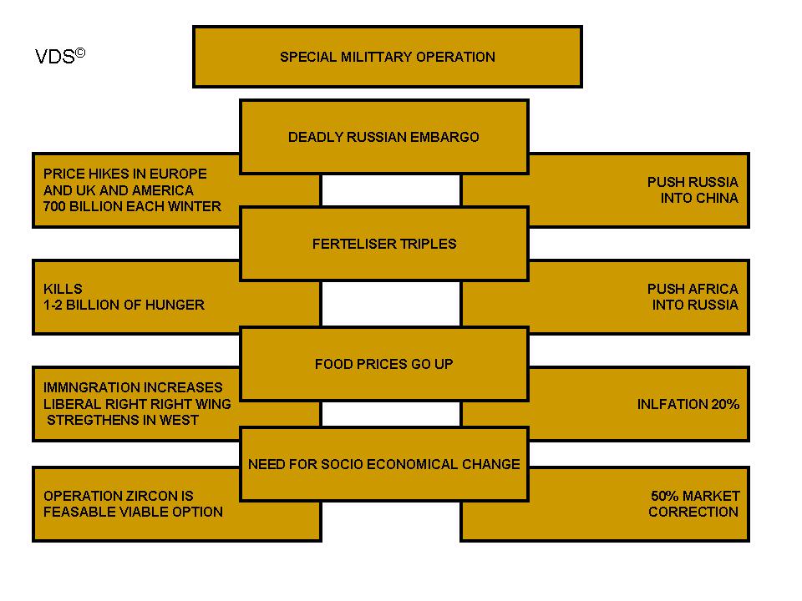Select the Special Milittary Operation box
coord(387,57)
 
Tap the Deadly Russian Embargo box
coord(383,137)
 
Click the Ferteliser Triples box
coord(383,244)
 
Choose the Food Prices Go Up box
coord(383,364)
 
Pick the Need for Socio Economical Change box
coord(383,464)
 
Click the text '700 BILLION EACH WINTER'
coord(132,206)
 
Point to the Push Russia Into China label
coord(693,190)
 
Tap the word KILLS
coord(63,289)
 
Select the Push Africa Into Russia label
coord(693,297)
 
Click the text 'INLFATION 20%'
coord(688,404)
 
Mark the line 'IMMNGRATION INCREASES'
coord(133,387)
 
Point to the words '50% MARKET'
coord(695,495)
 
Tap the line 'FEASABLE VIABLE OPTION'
coord(133,512)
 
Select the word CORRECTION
coord(693,512)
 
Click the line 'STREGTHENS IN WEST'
coord(123,420)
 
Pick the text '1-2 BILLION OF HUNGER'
coord(124,305)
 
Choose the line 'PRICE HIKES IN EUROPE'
coord(124,174)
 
